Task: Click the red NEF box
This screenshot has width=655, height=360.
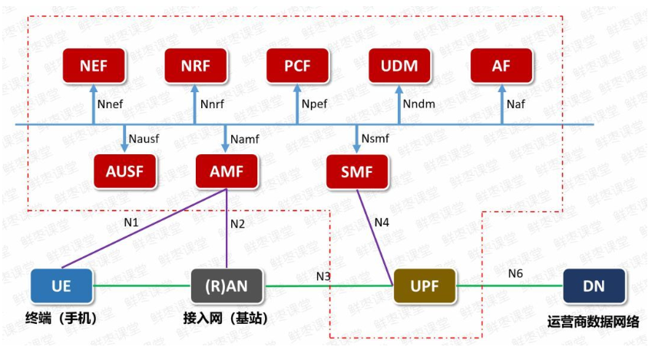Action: click(94, 66)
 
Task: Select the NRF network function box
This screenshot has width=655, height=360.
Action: click(195, 66)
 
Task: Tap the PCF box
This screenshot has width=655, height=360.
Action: click(297, 66)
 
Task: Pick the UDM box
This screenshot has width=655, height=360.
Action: click(399, 66)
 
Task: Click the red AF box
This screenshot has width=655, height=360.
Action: click(501, 66)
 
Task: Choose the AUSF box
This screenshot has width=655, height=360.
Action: click(124, 171)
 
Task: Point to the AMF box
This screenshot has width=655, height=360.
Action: click(226, 171)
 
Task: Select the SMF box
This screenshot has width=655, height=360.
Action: click(356, 171)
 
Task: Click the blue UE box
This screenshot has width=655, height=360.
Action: click(61, 286)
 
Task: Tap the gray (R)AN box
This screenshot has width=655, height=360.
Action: click(227, 286)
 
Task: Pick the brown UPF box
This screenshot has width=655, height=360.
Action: click(423, 286)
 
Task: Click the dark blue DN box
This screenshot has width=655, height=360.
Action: click(594, 286)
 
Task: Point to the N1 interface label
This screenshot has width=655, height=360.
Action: click(131, 223)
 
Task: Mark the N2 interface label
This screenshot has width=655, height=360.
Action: click(237, 224)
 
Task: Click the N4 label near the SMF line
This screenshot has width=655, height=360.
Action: click(382, 223)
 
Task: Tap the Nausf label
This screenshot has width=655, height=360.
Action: click(144, 139)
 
